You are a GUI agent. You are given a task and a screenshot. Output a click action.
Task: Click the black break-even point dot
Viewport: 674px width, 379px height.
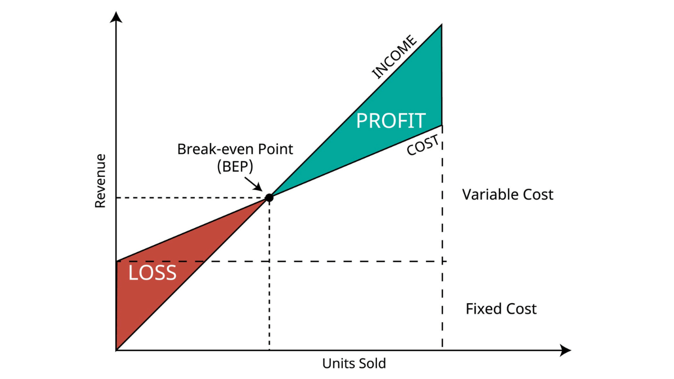[x=269, y=197]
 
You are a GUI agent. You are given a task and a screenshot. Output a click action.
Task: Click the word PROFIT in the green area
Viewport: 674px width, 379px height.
[x=391, y=121]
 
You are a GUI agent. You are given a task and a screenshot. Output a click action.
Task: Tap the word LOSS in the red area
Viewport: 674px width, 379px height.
[x=152, y=273]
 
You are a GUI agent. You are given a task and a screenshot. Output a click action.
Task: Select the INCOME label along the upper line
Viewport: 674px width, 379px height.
[x=394, y=57]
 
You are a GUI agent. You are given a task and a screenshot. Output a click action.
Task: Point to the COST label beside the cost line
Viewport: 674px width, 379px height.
[x=423, y=145]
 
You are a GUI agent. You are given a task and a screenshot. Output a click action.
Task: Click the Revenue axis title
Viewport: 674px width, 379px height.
[x=100, y=181]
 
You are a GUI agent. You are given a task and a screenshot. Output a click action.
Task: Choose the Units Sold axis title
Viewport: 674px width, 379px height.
[x=354, y=363]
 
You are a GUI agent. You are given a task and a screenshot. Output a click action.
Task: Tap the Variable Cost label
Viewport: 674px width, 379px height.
[x=508, y=195]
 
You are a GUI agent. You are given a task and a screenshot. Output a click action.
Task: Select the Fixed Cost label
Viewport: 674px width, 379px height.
[x=501, y=308]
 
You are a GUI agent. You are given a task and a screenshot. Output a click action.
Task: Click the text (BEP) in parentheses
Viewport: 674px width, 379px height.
[x=235, y=166]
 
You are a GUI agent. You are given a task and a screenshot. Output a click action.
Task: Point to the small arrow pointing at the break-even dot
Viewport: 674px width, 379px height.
[x=253, y=184]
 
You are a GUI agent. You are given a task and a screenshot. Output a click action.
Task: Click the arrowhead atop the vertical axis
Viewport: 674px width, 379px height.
[x=116, y=17]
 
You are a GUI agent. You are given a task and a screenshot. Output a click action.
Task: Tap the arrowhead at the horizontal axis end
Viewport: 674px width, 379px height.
[x=566, y=350]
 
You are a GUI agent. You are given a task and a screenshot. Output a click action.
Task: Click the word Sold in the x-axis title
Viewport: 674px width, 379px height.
[x=371, y=363]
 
